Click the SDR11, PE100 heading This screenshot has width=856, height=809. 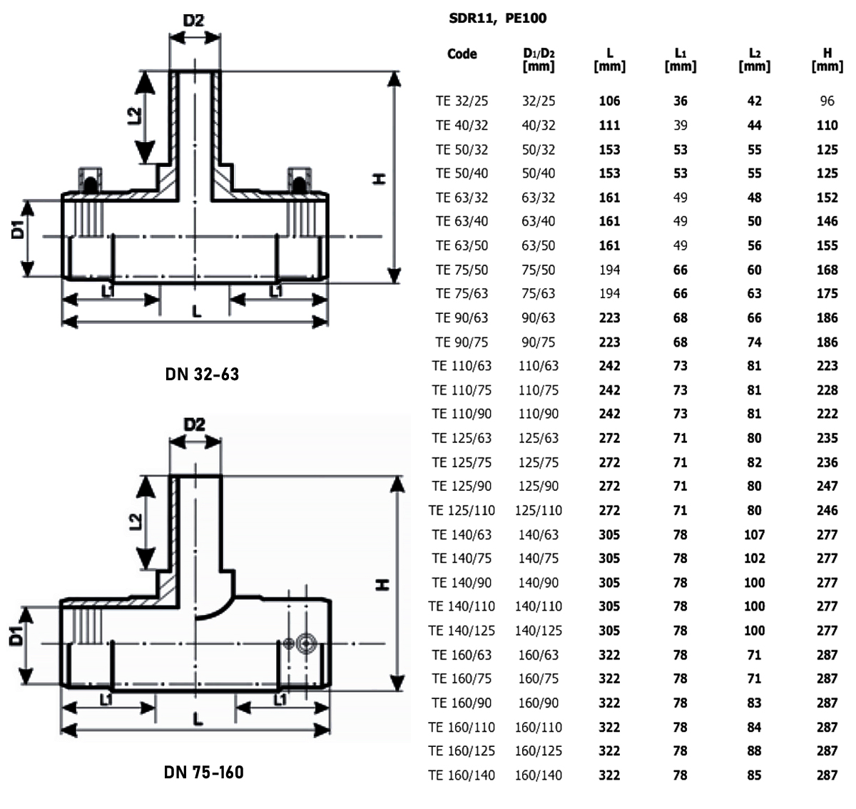[497, 19]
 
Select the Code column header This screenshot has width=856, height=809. [462, 54]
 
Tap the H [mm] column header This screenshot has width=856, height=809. [827, 59]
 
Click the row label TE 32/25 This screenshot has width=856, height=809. [462, 101]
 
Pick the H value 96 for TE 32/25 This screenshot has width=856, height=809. [827, 101]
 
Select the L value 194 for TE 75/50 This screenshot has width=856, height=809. [609, 270]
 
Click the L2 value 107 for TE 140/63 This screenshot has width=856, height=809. [754, 534]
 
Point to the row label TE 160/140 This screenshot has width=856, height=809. [462, 775]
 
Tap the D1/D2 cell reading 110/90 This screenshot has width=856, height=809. [538, 414]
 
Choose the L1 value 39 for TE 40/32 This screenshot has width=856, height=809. [681, 126]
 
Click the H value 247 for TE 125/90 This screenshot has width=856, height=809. [827, 486]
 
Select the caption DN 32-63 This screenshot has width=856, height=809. [202, 373]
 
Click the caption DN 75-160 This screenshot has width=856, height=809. [203, 772]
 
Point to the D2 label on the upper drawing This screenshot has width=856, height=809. [193, 21]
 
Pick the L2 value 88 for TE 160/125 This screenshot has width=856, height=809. [754, 751]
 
